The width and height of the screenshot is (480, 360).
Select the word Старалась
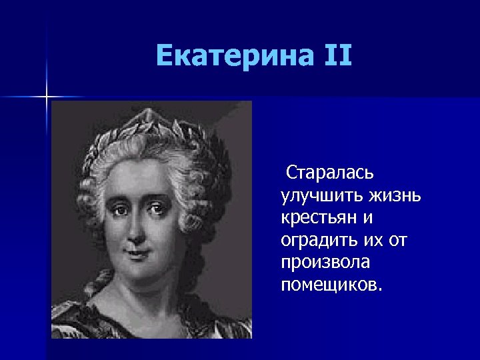330,173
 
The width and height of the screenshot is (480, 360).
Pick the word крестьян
319,219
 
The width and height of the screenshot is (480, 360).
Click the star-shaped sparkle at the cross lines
47,97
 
